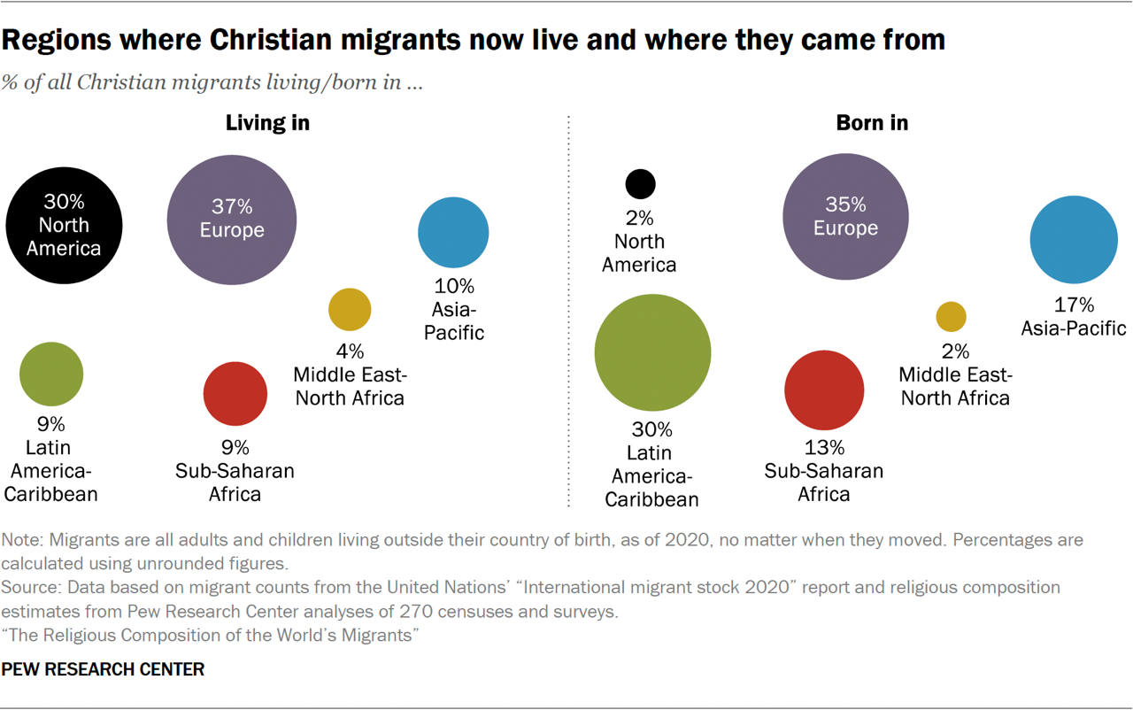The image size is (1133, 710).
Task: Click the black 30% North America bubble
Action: (63, 226)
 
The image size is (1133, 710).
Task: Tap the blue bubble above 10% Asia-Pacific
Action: (453, 232)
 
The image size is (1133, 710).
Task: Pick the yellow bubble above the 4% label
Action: (350, 309)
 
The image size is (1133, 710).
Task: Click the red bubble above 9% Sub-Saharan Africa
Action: (235, 394)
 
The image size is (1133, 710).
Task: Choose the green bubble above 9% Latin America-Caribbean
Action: (51, 374)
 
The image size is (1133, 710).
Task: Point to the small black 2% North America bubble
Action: (640, 184)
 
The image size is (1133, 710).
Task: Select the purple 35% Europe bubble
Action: (845, 217)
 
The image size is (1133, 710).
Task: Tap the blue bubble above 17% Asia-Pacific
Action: (1074, 240)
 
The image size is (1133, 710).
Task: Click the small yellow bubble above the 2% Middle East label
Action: (952, 317)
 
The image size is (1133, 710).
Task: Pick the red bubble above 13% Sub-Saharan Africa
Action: (824, 390)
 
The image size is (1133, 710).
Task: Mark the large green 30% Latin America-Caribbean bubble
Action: (652, 352)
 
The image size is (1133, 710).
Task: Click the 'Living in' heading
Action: (267, 123)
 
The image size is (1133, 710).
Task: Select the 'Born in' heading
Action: (872, 123)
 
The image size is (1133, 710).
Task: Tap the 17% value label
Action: (1074, 305)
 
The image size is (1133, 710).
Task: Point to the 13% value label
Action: (823, 448)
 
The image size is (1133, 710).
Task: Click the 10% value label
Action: (454, 287)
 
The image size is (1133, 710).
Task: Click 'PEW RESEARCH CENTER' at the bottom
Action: (103, 669)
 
